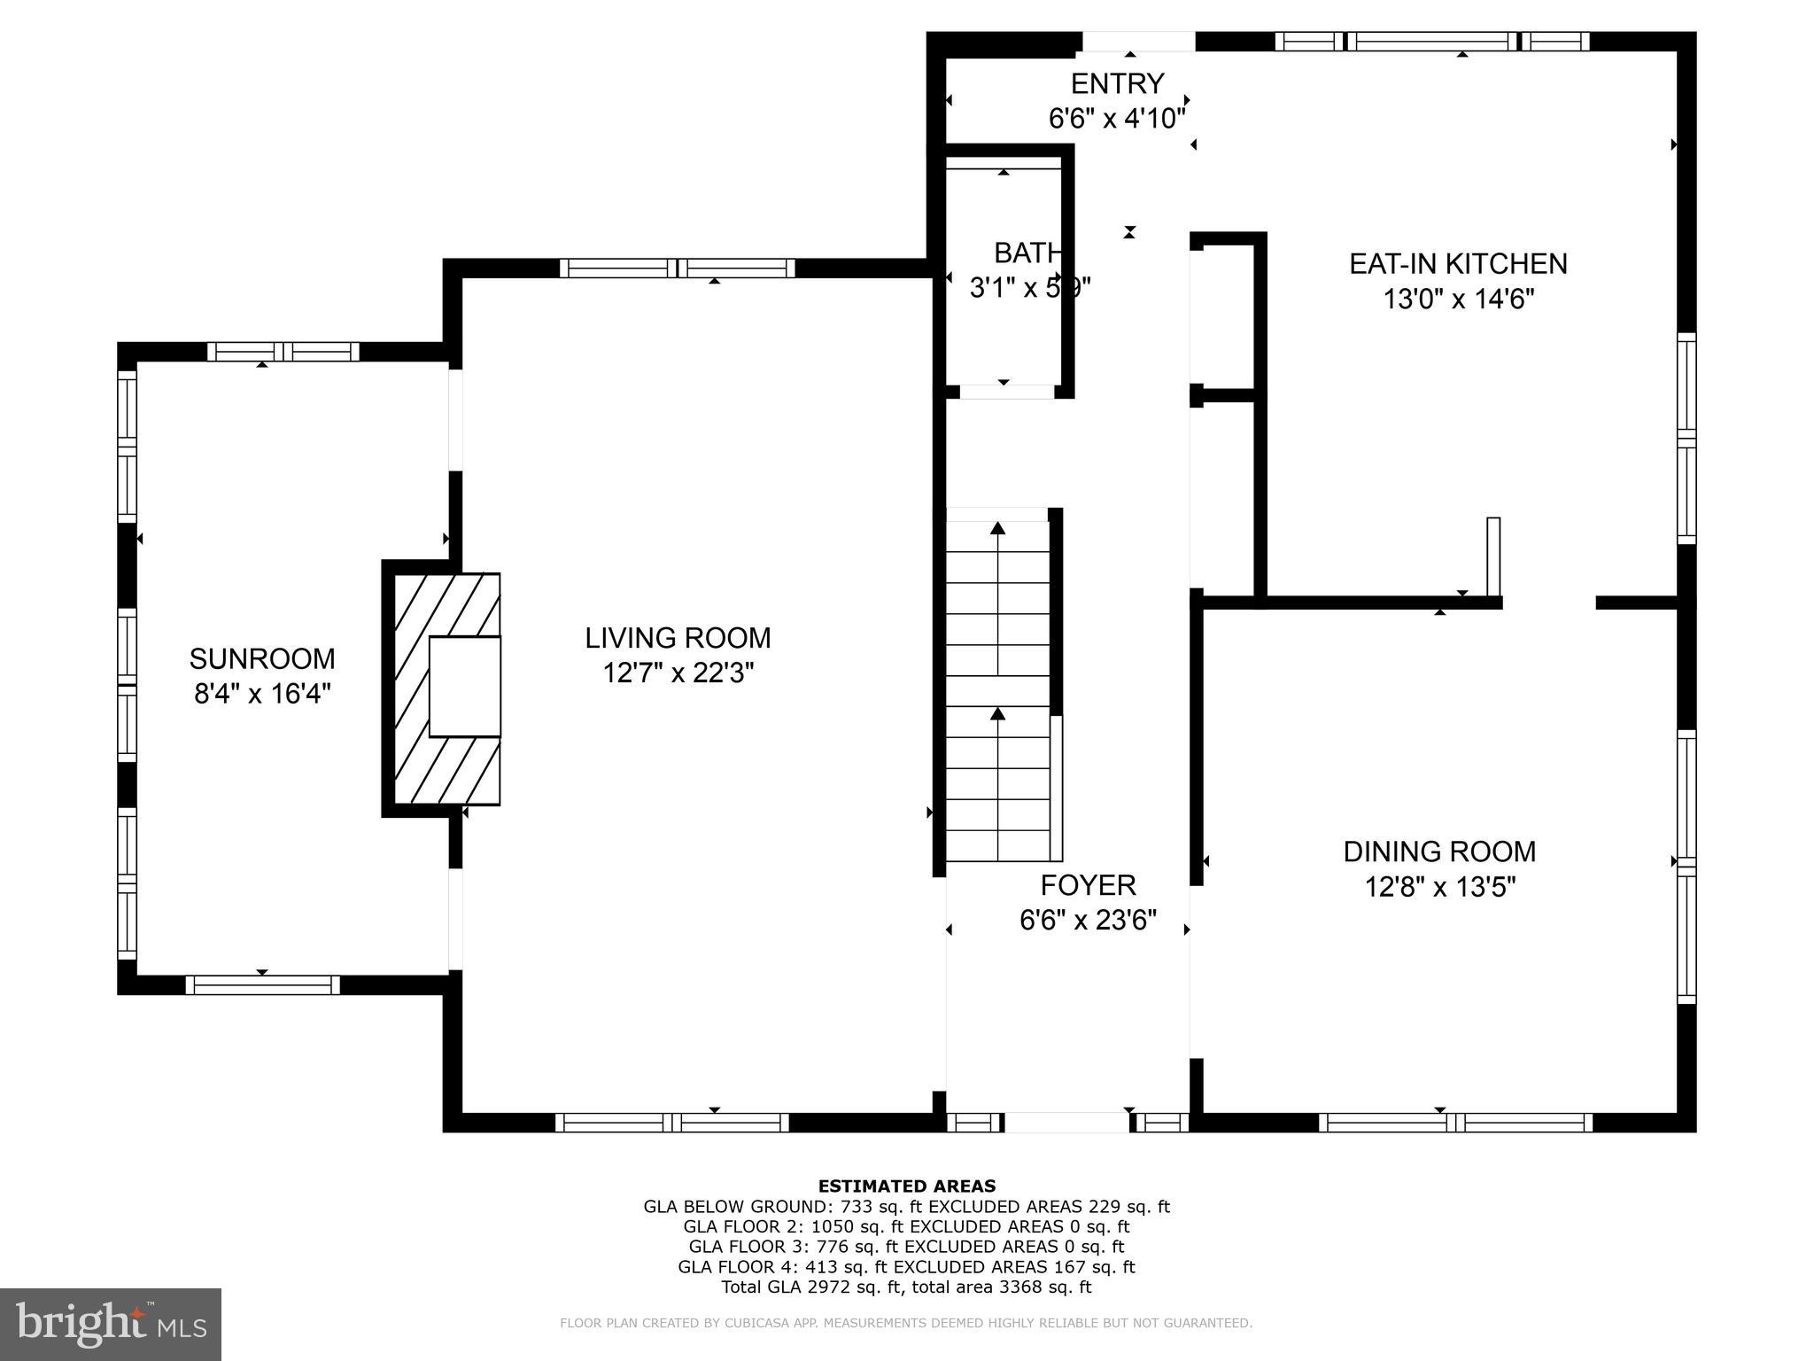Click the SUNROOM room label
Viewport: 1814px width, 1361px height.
point(262,658)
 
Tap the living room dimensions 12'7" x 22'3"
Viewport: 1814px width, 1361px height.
point(678,673)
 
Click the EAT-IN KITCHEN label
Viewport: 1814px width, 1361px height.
point(1458,263)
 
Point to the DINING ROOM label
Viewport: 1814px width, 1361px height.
point(1439,852)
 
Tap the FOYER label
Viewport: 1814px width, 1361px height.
point(1088,885)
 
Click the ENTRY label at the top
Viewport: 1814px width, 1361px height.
point(1117,83)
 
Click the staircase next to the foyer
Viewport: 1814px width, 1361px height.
point(998,691)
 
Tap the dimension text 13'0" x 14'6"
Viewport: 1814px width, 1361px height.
point(1458,299)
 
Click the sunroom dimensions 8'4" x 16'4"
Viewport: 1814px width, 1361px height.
point(262,694)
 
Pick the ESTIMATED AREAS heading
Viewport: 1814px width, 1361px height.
point(906,1186)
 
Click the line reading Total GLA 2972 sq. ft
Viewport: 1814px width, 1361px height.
point(906,1287)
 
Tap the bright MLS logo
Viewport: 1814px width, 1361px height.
point(111,1326)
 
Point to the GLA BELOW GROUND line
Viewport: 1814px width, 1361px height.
point(906,1207)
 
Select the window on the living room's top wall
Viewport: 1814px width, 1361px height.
point(678,268)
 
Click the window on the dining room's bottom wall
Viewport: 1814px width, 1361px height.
point(1455,1123)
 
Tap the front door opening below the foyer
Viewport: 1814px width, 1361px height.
point(1066,1123)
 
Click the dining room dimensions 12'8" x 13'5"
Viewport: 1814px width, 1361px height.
point(1439,887)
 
